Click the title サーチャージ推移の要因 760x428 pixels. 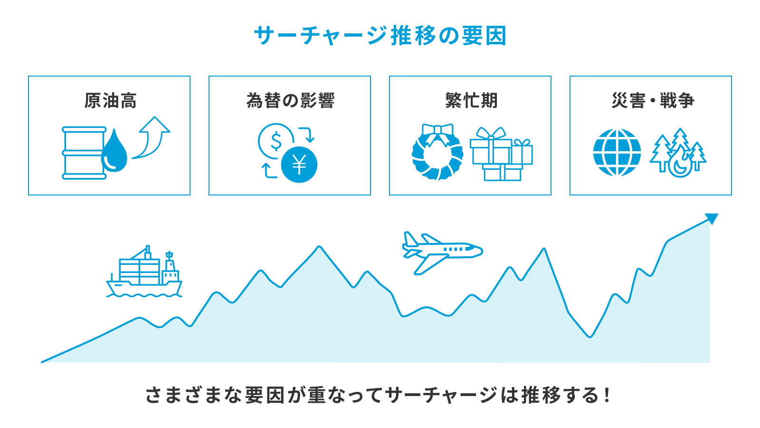[x=380, y=36]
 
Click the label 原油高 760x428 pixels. [x=110, y=101]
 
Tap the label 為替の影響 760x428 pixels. [x=290, y=101]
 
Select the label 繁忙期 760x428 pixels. [x=471, y=101]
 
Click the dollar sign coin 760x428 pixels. [x=275, y=141]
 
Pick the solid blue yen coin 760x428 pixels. [x=299, y=165]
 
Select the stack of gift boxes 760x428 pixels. [x=502, y=155]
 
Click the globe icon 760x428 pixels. [x=617, y=153]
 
